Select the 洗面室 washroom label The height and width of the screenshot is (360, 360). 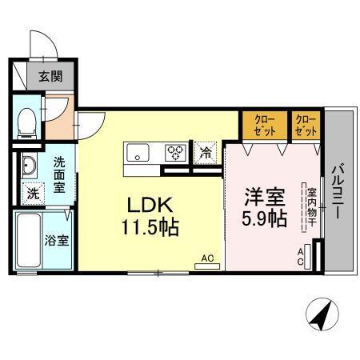point(59,174)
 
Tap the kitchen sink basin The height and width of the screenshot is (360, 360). point(135,151)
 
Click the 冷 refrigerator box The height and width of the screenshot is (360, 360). point(206,150)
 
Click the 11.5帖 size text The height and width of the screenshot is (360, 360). point(150,226)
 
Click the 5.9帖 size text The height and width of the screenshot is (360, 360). point(265,218)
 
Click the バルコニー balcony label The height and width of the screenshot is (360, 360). point(337,193)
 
